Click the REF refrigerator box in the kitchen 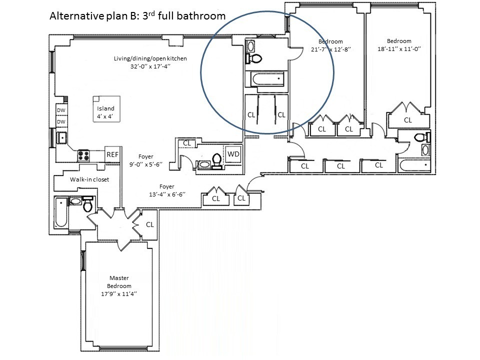pyautogui.click(x=112, y=154)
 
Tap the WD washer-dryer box pyautogui.click(x=233, y=154)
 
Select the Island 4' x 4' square pyautogui.click(x=106, y=109)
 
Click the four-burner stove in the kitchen pyautogui.click(x=83, y=155)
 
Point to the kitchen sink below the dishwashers pyautogui.click(x=62, y=138)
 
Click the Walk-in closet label pyautogui.click(x=89, y=179)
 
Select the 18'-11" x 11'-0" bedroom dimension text pyautogui.click(x=399, y=49)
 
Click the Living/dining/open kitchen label pyautogui.click(x=150, y=58)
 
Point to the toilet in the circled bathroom pyautogui.click(x=254, y=58)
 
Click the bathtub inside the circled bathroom pyautogui.click(x=267, y=79)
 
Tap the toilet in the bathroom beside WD pyautogui.click(x=217, y=161)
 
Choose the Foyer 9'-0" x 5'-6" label pyautogui.click(x=145, y=160)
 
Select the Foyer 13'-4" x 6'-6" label pyautogui.click(x=167, y=190)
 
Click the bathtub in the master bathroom pyautogui.click(x=61, y=212)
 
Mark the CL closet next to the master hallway pyautogui.click(x=149, y=224)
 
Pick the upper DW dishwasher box pyautogui.click(x=61, y=110)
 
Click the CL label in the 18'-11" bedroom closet pyautogui.click(x=408, y=120)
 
